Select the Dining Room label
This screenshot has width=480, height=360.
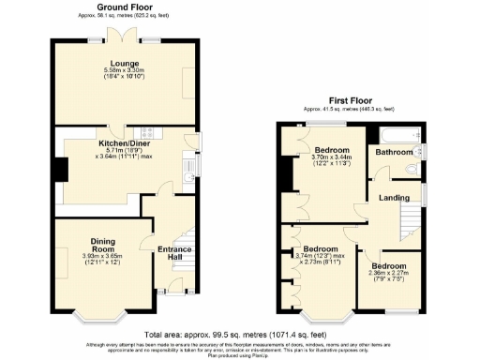click(x=102, y=245)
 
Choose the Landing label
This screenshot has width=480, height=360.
click(x=394, y=198)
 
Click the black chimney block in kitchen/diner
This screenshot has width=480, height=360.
click(x=59, y=170)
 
